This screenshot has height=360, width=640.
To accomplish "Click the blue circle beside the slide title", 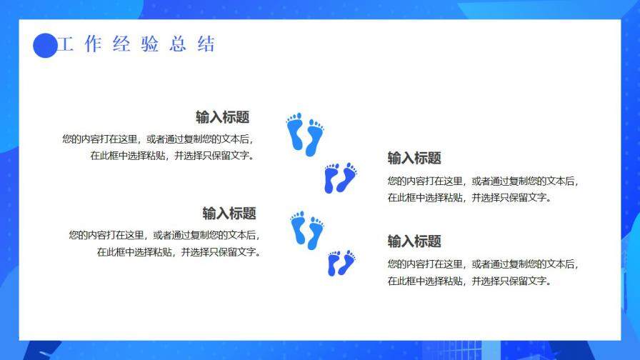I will point(45,45).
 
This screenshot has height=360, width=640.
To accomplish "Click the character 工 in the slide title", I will point(66,44).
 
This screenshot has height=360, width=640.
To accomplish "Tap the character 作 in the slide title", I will point(93,44).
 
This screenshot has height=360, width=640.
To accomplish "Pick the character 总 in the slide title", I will point(178,44).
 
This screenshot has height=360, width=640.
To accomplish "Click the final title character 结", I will point(206,44).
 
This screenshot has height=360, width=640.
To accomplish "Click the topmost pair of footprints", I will point(305,134).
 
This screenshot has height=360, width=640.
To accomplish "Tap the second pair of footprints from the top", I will point(340,178).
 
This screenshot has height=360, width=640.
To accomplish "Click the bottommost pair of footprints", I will point(341,263).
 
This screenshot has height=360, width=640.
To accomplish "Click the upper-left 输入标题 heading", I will point(222,118).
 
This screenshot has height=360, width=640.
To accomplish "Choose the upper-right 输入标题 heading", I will point(414,159).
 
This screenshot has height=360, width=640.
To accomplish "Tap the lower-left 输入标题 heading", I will point(229,214).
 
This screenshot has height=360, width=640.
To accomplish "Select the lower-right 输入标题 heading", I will point(414,241).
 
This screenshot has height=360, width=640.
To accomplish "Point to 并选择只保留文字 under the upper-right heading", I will point(511,198).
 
